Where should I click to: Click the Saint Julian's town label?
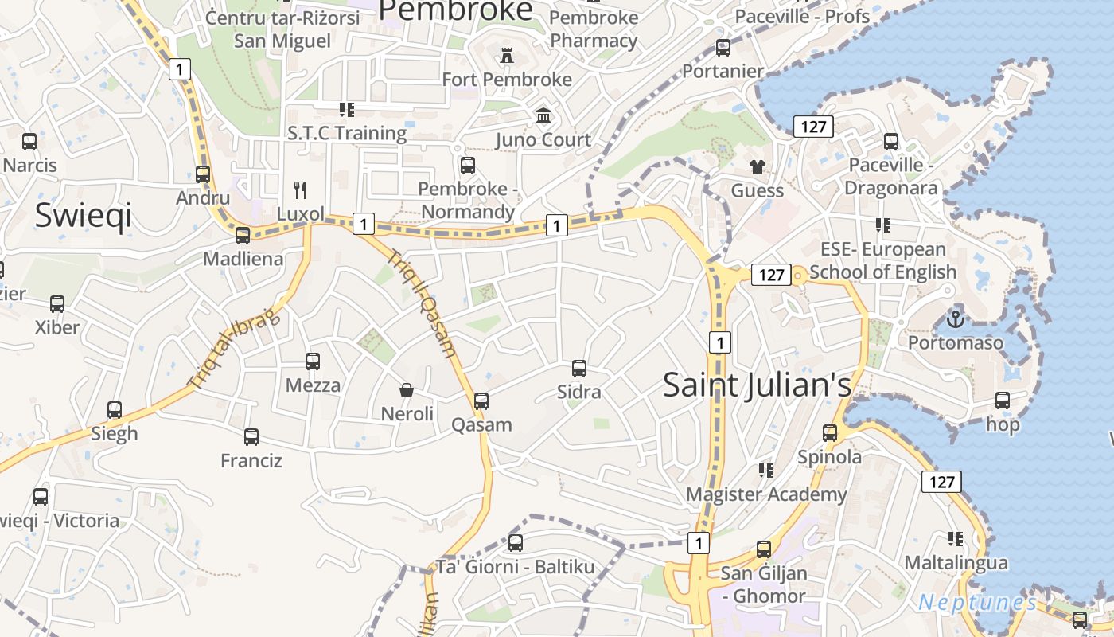pos(757,385)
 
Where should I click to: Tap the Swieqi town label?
pos(83,216)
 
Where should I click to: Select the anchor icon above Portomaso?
pos(954,319)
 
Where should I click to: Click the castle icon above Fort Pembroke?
pos(506,56)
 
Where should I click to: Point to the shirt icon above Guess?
pos(757,166)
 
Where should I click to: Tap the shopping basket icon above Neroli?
pos(407,390)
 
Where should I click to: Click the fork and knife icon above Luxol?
pos(300,190)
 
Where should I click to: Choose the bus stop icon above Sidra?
pos(579,368)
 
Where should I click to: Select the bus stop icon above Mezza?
pos(313,361)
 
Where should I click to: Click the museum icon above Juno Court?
pos(543,116)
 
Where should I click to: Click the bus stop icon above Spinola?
pos(830,432)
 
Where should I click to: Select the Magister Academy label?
pos(766,494)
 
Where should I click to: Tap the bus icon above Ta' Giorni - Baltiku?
pos(516,543)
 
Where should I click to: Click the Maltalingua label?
pos(956,562)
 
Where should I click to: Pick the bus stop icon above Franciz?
pos(251,436)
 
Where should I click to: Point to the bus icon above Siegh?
pos(115,409)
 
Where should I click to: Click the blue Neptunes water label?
pos(977,602)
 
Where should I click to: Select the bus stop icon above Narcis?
pos(29,142)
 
